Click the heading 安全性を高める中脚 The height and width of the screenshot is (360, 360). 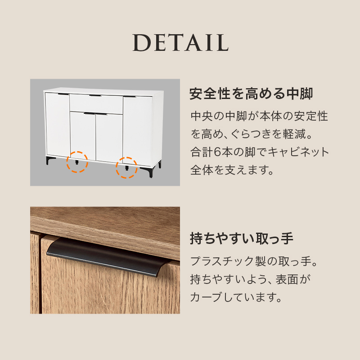coord(251,94)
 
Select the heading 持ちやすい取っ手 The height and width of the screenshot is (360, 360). coord(242,238)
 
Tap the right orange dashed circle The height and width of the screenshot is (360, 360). coord(127,167)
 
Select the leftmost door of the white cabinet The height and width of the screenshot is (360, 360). coord(57,123)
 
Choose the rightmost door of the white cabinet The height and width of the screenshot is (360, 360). coord(138,128)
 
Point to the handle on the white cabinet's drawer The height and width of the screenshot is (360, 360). coord(95,96)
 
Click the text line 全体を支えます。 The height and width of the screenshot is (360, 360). coord(232,171)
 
